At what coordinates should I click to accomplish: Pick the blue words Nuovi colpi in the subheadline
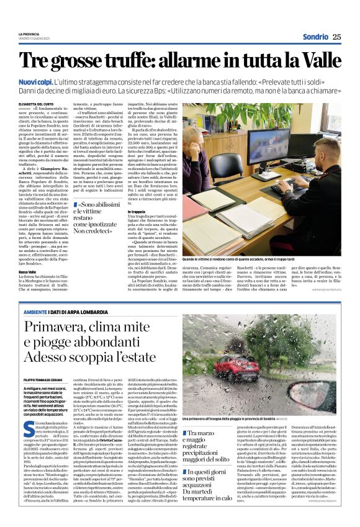pyautogui.click(x=35, y=81)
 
